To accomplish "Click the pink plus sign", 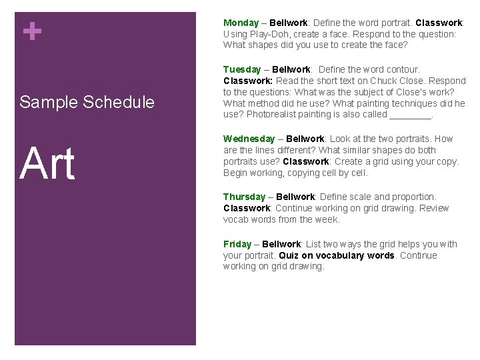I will pos(31,31).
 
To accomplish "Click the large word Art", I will pos(47,163).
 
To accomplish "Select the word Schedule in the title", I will pos(118,102).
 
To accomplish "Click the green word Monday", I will pos(241,23).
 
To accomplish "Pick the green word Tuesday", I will pos(242,69).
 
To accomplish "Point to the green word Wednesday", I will pos(249,139).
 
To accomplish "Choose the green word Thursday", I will pos(244,197).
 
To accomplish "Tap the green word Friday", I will pos(237,244).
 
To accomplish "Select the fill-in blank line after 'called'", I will pos(410,115).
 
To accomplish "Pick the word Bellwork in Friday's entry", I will pos(281,244).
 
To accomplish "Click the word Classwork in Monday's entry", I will pos(439,23).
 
